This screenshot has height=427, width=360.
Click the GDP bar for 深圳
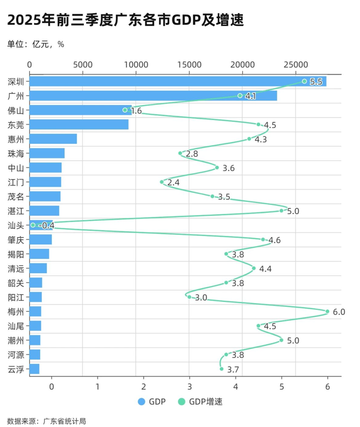tap(178, 81)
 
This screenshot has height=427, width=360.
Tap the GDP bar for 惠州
tap(53, 139)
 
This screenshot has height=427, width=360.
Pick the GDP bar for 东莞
tap(79, 125)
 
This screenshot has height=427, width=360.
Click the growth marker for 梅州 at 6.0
tap(327, 312)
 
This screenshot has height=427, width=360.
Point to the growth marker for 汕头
tap(33, 225)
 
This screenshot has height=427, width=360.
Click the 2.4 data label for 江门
tap(173, 183)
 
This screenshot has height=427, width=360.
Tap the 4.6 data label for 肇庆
tap(274, 240)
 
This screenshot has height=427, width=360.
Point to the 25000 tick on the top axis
tap(296, 64)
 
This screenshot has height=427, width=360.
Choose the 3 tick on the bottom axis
tap(189, 386)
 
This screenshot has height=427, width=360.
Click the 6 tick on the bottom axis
tap(328, 386)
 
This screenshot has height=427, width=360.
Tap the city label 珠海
tap(16, 153)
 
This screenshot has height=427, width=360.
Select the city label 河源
tap(16, 355)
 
